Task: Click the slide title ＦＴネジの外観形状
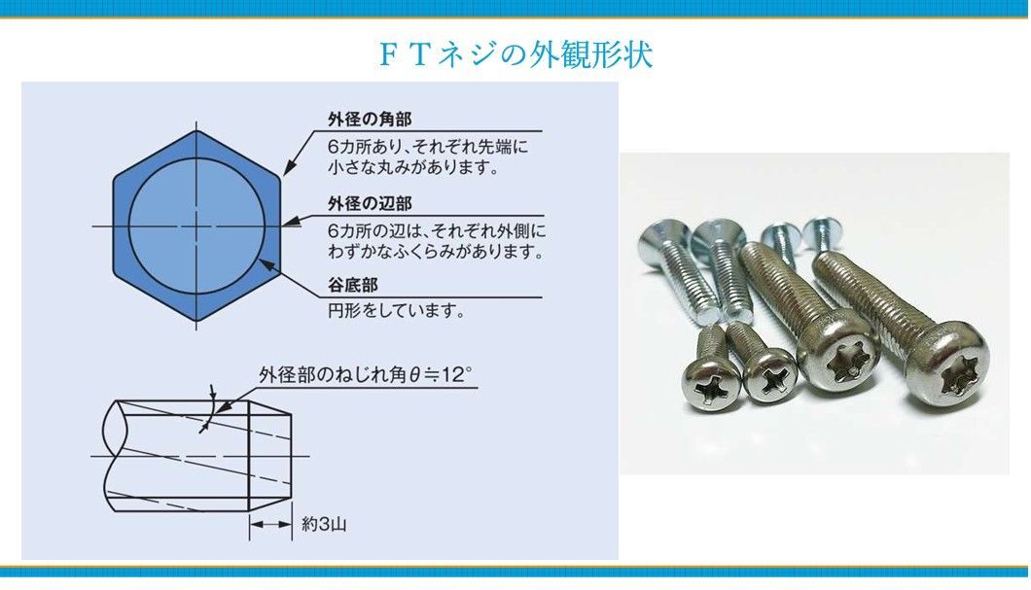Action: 515,53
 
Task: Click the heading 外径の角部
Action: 370,120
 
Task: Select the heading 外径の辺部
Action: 370,204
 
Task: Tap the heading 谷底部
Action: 352,285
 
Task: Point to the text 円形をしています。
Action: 397,310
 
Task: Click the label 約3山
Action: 324,524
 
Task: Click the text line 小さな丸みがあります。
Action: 413,167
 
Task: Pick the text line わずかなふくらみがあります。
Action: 436,251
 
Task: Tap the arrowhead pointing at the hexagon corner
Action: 289,168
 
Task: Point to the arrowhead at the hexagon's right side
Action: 289,222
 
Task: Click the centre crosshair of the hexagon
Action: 196,226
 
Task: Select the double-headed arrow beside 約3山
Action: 270,524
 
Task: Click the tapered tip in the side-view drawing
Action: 269,455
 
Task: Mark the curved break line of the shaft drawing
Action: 109,455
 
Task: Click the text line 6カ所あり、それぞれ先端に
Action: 427,146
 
